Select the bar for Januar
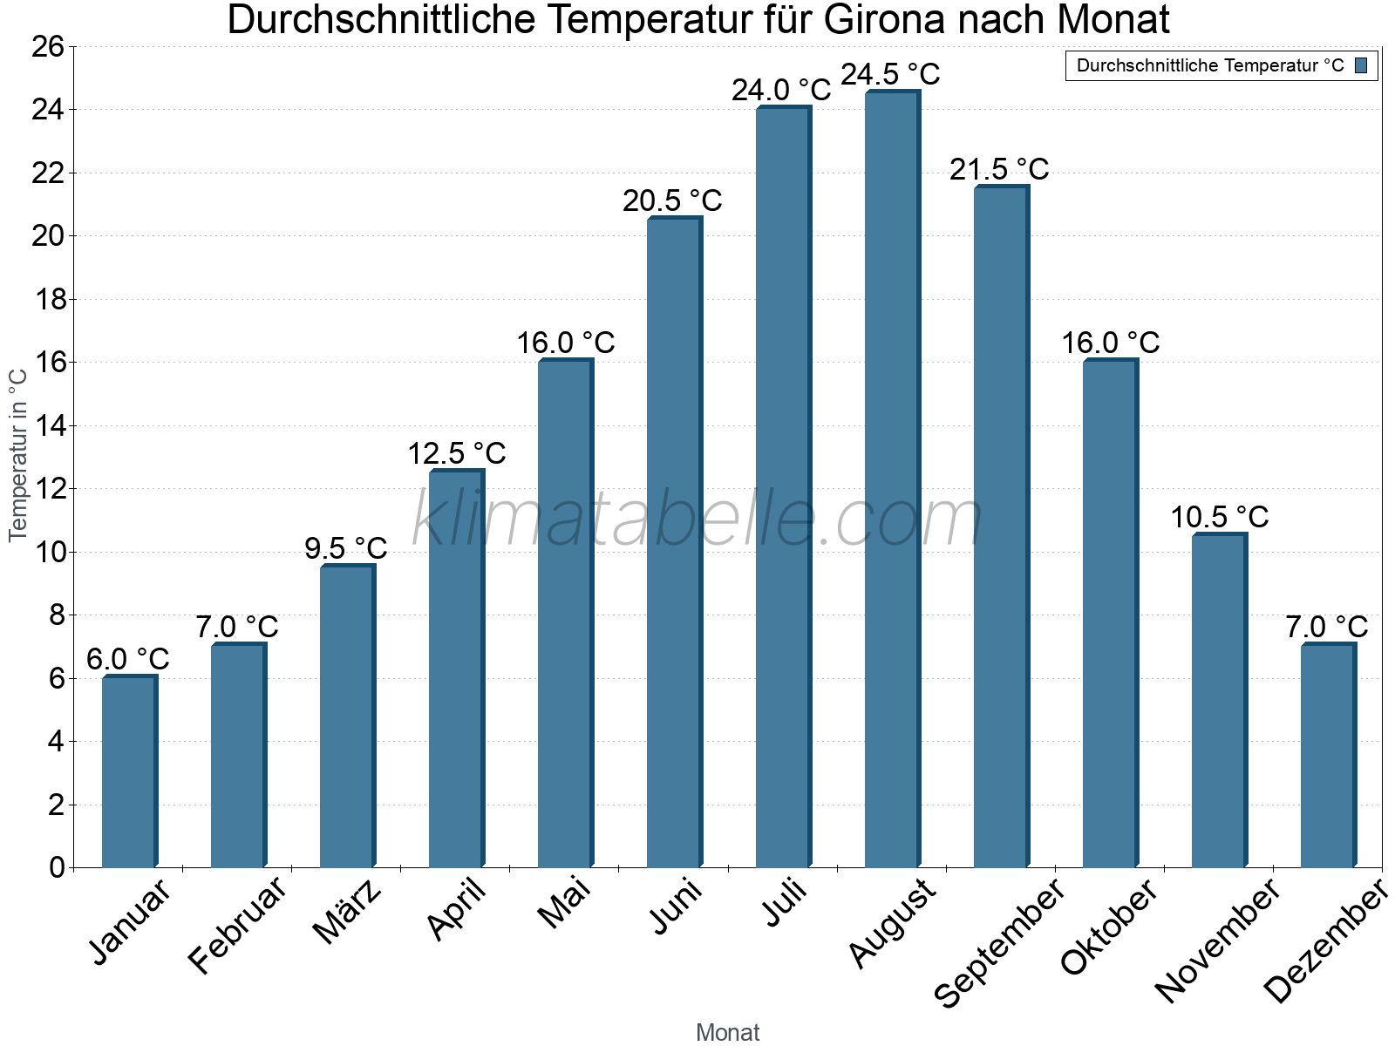coord(129,771)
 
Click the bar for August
coord(892,479)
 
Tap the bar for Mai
coord(565,614)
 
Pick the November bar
coord(1219,701)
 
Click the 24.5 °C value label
coord(890,74)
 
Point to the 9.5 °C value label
coord(346,548)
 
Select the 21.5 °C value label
coord(999,169)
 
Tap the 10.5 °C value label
coord(1219,517)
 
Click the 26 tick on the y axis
coord(48,46)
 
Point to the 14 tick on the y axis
coord(48,425)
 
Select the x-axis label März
coord(347,912)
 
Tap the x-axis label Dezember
coord(1325,941)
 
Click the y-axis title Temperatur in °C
coord(18,455)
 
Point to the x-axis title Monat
coord(727,1032)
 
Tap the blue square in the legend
coord(1361,65)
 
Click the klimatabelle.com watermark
coord(696,520)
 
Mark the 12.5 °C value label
coord(456,453)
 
